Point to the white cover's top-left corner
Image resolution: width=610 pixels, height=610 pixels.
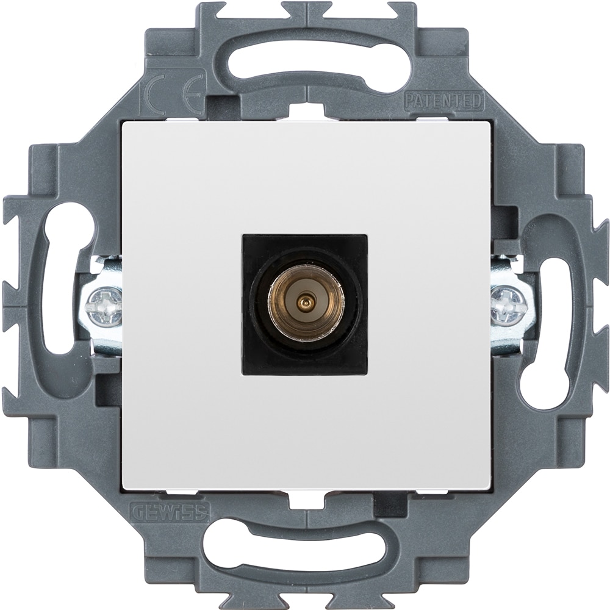click(125, 123)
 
